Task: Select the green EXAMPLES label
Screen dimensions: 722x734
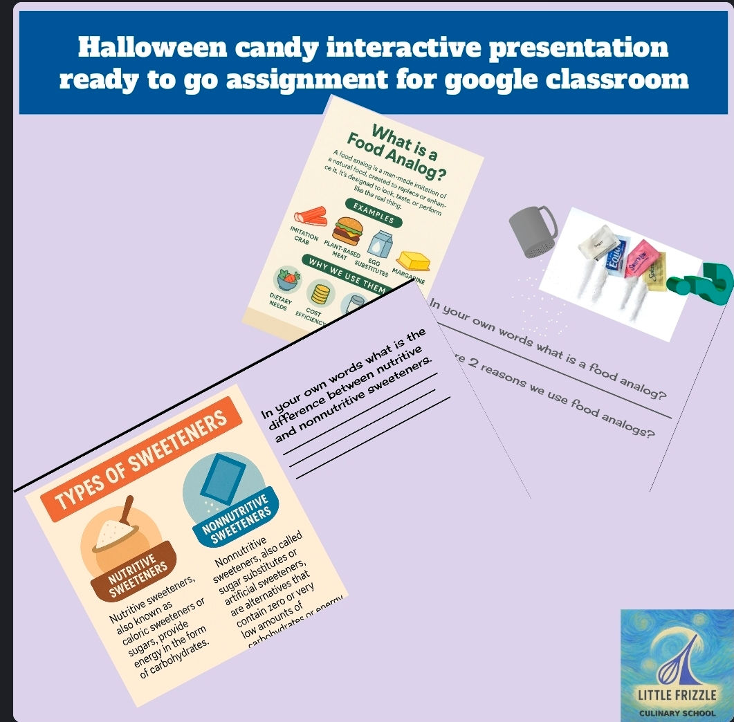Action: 374,212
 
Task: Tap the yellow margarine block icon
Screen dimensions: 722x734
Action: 412,262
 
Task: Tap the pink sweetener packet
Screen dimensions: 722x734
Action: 640,258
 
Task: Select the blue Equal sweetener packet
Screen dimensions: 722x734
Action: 618,252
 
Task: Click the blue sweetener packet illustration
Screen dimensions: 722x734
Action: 225,478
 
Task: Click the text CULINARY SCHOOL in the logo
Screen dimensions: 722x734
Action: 677,712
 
